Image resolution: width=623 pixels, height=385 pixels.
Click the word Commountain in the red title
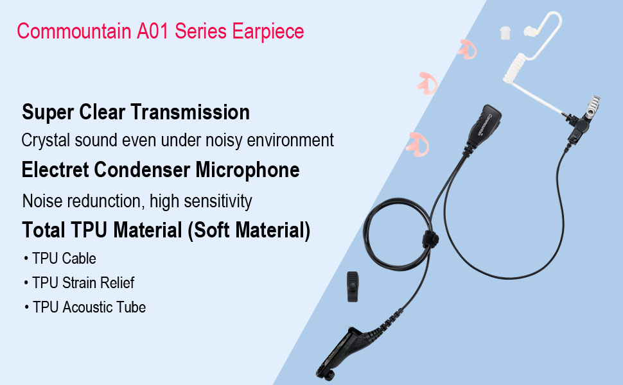point(74,31)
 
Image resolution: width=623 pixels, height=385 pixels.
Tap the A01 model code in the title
point(153,31)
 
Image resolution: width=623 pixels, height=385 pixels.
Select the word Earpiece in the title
point(268,31)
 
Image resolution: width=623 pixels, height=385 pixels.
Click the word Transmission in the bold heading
point(190,112)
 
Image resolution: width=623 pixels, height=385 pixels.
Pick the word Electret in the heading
point(55,170)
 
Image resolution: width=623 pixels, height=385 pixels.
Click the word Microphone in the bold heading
point(247,170)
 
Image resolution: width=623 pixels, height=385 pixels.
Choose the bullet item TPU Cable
point(64,259)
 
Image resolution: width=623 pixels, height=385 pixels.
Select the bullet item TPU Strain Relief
point(83,283)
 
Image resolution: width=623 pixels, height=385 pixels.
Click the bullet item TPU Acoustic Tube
point(89,307)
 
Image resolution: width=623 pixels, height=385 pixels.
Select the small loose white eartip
point(505,33)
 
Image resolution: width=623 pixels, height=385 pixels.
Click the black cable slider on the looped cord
point(430,239)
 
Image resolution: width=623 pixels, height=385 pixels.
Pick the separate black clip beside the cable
point(353,287)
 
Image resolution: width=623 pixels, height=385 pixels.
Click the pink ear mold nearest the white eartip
point(468,49)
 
